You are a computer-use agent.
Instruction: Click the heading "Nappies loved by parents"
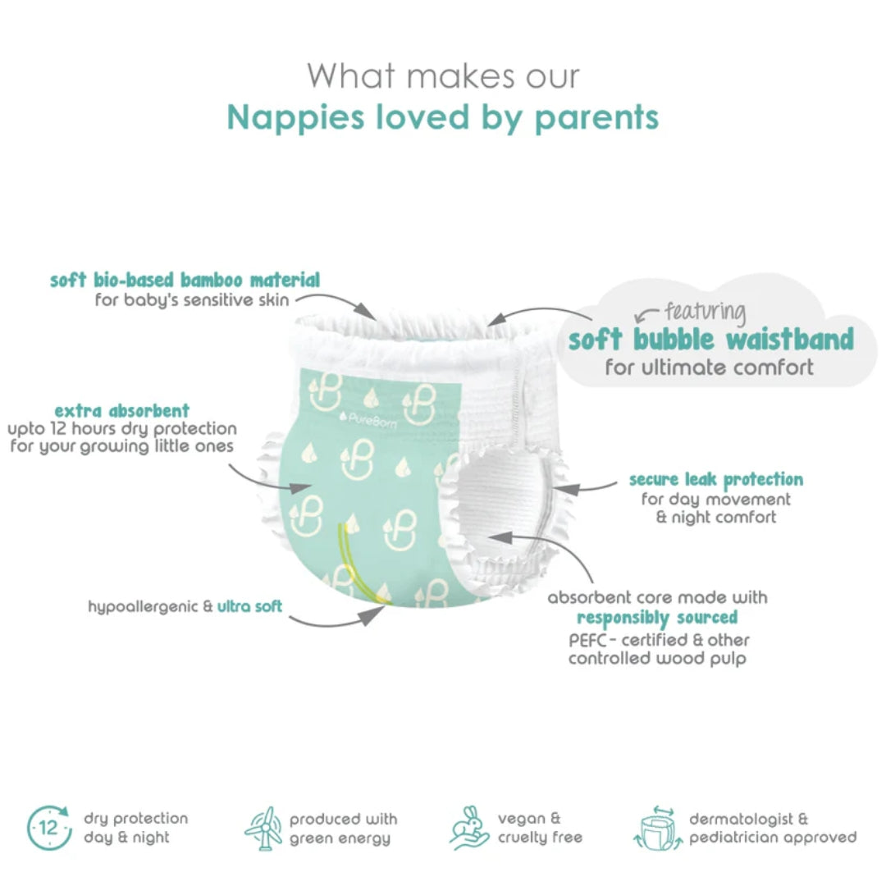coord(443,117)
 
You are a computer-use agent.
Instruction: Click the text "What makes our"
coord(443,76)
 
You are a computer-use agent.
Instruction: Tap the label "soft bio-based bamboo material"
coord(185,280)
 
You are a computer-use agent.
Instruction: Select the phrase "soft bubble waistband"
coord(710,338)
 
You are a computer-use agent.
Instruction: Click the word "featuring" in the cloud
coord(705,313)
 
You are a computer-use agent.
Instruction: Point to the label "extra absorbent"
coord(121,410)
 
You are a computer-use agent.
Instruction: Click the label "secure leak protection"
coord(716,479)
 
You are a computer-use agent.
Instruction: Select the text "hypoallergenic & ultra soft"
coord(185,607)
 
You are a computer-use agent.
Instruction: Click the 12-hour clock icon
coord(49,827)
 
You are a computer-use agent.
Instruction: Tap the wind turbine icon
coord(264,827)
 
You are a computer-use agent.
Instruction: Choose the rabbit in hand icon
coord(470,827)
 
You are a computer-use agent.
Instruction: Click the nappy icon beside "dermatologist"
coord(658,827)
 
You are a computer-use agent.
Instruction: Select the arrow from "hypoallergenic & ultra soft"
coord(336,619)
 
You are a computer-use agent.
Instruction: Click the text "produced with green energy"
coord(343,829)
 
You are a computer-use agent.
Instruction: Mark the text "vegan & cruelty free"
coord(540,829)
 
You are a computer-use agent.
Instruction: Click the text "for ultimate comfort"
coord(710,368)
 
